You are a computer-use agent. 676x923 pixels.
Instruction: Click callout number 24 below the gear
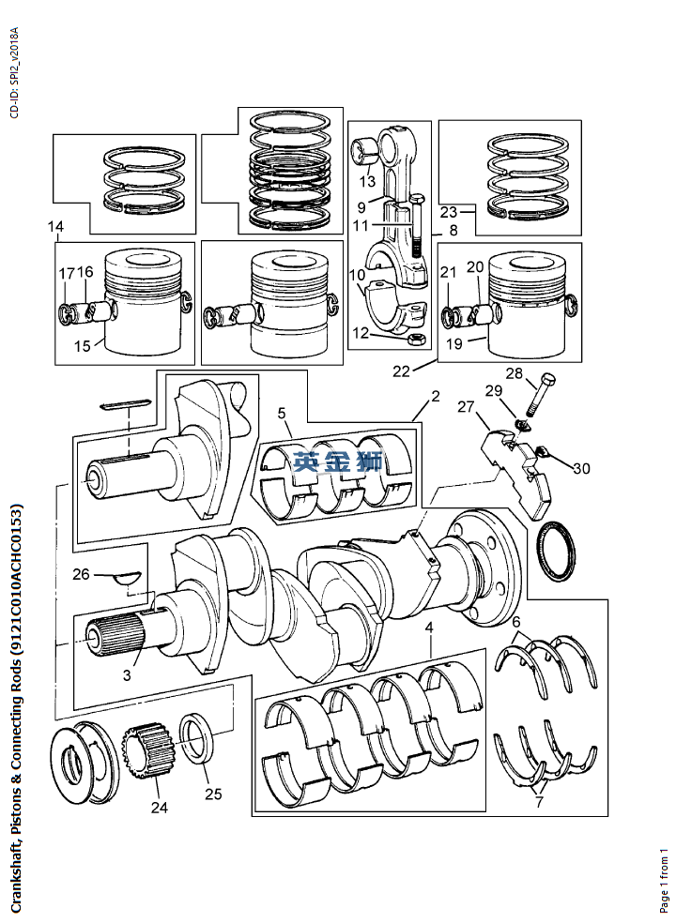[x=159, y=807]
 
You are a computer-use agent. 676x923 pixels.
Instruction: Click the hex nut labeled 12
[x=417, y=339]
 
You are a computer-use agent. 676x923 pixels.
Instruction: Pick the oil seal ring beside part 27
[x=556, y=551]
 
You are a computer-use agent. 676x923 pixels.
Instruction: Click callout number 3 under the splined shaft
[x=127, y=674]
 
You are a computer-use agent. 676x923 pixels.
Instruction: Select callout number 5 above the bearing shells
[x=282, y=414]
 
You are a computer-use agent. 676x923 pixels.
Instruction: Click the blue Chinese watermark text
[x=338, y=462]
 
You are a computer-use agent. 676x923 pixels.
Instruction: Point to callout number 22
[x=401, y=371]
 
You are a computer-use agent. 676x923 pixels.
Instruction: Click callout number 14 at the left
[x=56, y=226]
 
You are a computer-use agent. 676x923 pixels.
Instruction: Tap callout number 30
[x=581, y=468]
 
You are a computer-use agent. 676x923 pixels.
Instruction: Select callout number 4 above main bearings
[x=430, y=628]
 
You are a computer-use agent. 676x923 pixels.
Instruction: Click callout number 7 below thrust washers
[x=539, y=801]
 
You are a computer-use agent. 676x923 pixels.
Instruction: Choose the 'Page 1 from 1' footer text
[x=664, y=878]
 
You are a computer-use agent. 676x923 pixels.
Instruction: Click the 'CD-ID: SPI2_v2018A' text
[x=15, y=72]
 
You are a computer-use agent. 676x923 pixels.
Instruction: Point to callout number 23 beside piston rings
[x=449, y=211]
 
